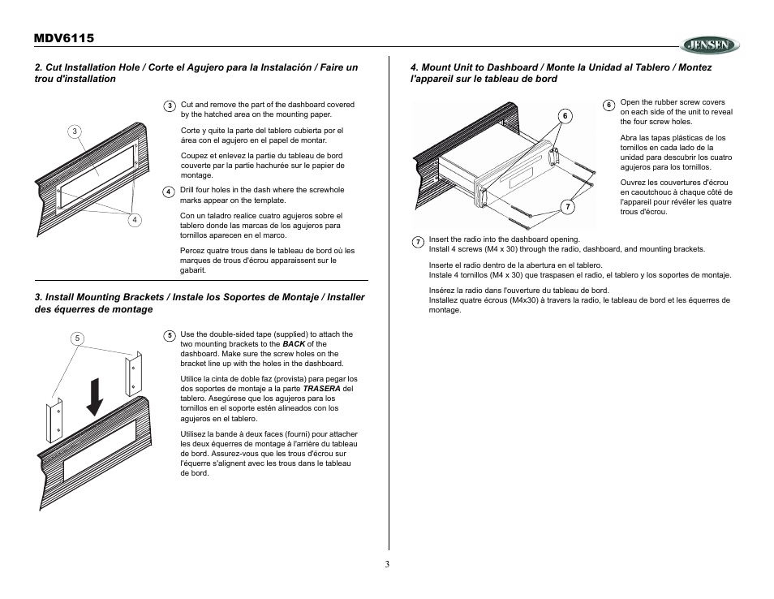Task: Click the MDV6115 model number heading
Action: [x=64, y=39]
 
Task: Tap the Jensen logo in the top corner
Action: [x=709, y=45]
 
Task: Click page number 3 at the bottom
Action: [x=387, y=565]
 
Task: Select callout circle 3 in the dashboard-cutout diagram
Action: [x=75, y=131]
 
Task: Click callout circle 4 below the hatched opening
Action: [x=135, y=219]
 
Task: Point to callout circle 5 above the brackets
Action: [x=78, y=338]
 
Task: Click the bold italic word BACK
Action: [x=294, y=344]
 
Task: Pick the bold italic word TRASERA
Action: [x=322, y=389]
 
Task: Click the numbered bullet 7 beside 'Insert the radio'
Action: [x=417, y=242]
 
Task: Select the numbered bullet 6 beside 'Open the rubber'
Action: [x=608, y=106]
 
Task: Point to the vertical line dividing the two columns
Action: [x=388, y=325]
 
